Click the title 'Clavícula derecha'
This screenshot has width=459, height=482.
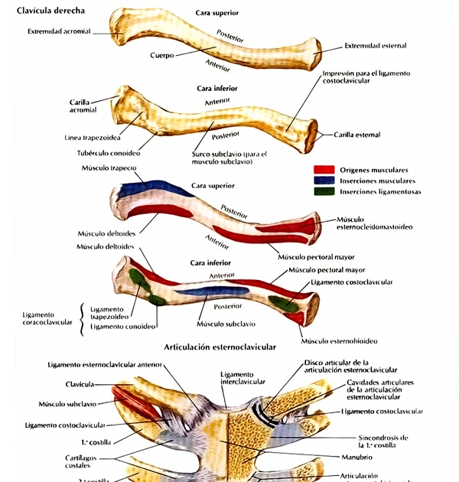coord(50,11)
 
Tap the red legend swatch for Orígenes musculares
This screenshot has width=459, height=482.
coord(324,169)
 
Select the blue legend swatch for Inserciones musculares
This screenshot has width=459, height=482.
coord(324,181)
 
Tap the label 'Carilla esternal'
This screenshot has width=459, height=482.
coord(357,135)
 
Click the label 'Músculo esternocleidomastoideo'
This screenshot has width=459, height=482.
coord(374,223)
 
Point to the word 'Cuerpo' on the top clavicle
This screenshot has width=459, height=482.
coord(162,55)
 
